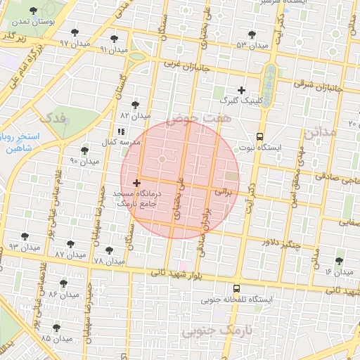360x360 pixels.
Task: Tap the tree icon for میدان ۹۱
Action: click(115, 39)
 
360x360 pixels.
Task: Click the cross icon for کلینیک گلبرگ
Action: click(242, 90)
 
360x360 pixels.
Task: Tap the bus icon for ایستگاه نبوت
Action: click(260, 137)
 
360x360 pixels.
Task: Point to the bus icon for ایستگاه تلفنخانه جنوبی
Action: click(236, 288)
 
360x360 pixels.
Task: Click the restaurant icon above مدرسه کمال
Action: click(121, 131)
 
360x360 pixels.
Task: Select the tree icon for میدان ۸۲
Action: click(135, 104)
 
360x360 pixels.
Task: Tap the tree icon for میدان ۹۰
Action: click(85, 150)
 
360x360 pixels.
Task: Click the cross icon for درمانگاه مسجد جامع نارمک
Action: click(136, 183)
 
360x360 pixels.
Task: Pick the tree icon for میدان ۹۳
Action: click(25, 236)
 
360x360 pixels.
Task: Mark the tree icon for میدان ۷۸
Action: click(109, 250)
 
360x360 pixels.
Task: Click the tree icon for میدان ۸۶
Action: click(64, 283)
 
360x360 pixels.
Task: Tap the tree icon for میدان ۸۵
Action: click(56, 328)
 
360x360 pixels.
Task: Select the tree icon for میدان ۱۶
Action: click(340, 260)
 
